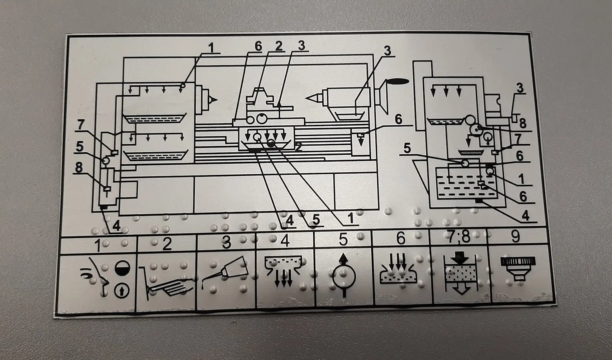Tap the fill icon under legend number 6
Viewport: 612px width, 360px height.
400,271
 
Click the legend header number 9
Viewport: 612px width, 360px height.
515,237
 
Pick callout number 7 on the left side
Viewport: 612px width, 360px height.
81,125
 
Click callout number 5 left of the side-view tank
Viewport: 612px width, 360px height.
407,149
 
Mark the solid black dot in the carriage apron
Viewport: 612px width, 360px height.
271,143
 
